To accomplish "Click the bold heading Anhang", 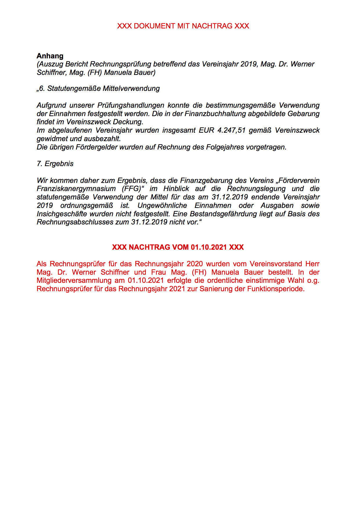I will [x=50, y=56].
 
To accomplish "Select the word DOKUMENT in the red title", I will [x=154, y=26].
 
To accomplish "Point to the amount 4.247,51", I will [x=231, y=130].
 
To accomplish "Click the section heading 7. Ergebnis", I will [x=55, y=163].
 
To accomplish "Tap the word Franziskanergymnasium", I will [x=76, y=188].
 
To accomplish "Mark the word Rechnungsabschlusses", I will [x=75, y=222].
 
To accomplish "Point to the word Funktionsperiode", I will [x=276, y=289].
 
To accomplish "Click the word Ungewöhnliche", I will [x=162, y=205].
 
